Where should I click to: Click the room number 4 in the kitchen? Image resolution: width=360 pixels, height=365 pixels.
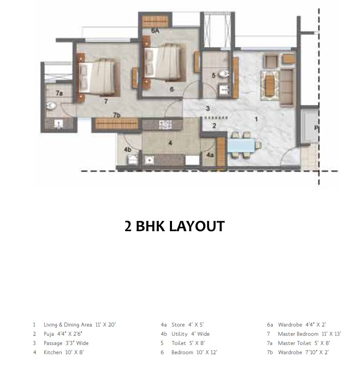click(x=170, y=143)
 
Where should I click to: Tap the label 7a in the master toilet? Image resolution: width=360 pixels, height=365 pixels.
click(x=59, y=93)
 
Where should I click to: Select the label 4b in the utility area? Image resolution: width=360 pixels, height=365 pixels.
click(x=128, y=150)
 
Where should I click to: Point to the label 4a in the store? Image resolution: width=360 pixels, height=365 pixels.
click(x=210, y=154)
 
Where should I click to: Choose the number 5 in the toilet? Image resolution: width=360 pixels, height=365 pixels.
click(x=213, y=75)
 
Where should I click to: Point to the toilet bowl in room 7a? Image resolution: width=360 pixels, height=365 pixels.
click(x=51, y=107)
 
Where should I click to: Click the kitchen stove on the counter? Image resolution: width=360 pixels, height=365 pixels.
click(x=166, y=125)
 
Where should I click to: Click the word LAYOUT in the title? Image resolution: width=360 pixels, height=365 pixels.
click(x=196, y=226)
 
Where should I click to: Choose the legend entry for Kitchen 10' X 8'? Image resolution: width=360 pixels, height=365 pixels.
click(x=64, y=353)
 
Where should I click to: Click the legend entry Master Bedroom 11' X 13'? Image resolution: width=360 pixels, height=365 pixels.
click(x=309, y=334)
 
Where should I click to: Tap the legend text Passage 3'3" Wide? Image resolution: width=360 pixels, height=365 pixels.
click(x=66, y=343)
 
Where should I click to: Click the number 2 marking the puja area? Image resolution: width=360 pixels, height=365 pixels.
click(x=214, y=126)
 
